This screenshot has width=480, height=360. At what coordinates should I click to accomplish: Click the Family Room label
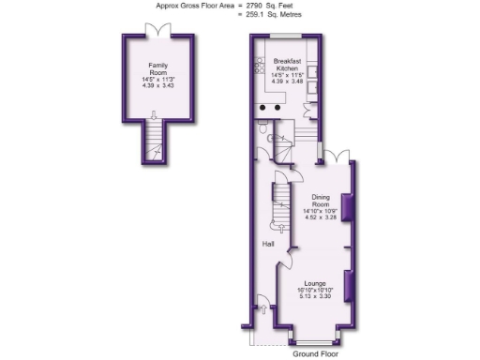click(157, 67)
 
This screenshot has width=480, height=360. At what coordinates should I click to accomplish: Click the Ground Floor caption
click(317, 355)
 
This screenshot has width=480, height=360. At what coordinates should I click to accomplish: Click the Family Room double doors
click(157, 30)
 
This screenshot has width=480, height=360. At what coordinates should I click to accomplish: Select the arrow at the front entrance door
click(262, 305)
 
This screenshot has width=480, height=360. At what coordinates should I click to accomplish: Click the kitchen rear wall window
click(286, 36)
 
